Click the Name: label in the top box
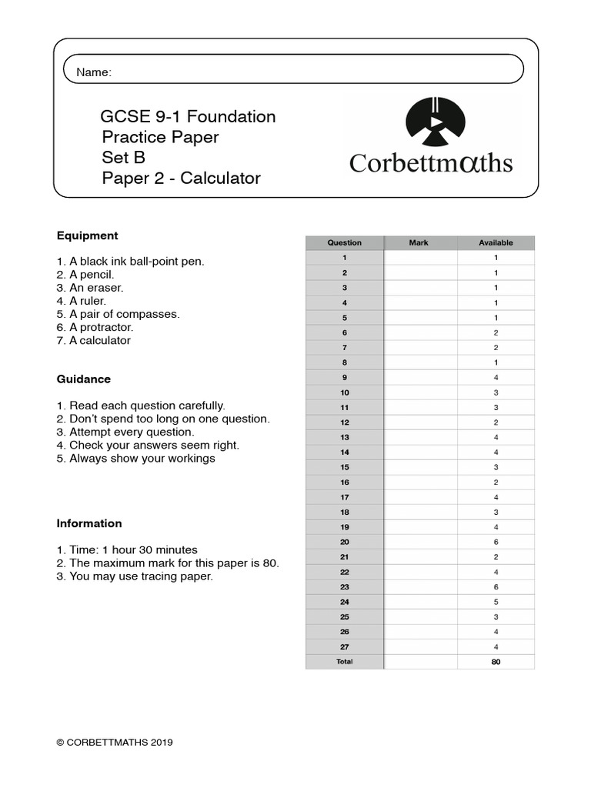click(94, 72)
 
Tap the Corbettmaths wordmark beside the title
click(431, 163)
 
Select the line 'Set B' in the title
click(124, 158)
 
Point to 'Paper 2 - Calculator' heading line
click(182, 179)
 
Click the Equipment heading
click(87, 235)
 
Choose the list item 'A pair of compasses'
click(118, 314)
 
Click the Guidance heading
click(84, 379)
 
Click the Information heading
click(89, 523)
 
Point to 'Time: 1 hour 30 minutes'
click(127, 549)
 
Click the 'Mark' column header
click(419, 242)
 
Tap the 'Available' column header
click(496, 242)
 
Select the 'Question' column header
click(344, 242)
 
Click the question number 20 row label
click(345, 542)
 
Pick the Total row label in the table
click(345, 662)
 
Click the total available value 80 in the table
click(496, 662)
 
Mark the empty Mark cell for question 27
click(420, 646)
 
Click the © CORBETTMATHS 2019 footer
click(115, 743)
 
